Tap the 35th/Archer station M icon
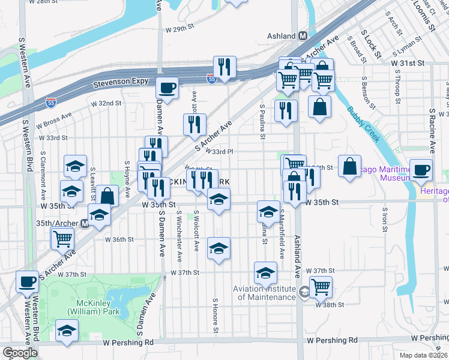pos(85,223)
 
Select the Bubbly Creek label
pos(363,124)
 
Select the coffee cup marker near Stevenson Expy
pos(167,88)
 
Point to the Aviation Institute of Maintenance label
pos(264,293)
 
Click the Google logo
pos(20,353)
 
